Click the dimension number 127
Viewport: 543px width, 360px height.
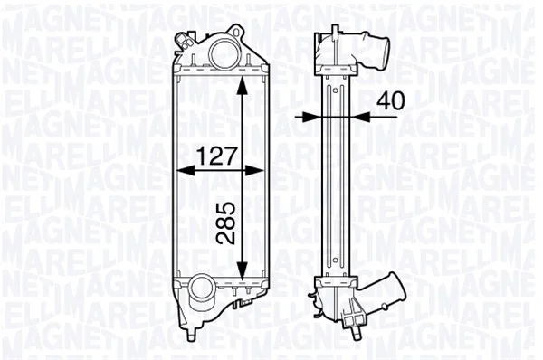click(217, 156)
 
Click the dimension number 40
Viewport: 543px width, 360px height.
click(390, 100)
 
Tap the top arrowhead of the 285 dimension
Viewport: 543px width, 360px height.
click(243, 85)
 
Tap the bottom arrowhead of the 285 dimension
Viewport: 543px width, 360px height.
click(242, 270)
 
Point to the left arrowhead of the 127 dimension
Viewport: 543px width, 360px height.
click(186, 170)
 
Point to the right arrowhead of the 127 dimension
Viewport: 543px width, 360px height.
click(254, 170)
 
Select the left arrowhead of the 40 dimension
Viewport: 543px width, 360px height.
click(312, 117)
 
